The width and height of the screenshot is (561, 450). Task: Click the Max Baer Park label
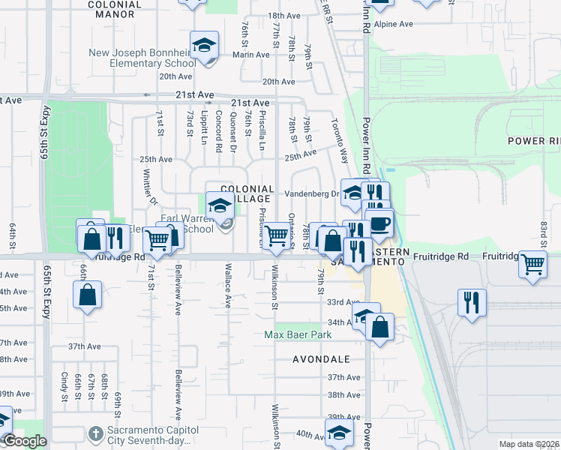(297, 334)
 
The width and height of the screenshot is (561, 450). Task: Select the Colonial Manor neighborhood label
(115, 4)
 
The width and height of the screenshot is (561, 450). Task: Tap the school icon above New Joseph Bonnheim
(204, 46)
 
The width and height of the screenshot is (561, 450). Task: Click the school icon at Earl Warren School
(220, 205)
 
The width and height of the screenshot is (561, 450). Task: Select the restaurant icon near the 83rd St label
(472, 301)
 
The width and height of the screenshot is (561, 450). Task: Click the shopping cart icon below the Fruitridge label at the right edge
(532, 264)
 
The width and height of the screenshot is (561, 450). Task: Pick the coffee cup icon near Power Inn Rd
(379, 223)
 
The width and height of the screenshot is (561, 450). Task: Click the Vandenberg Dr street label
(312, 193)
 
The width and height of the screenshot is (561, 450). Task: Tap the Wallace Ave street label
(227, 286)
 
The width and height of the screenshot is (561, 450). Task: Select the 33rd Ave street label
(343, 302)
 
